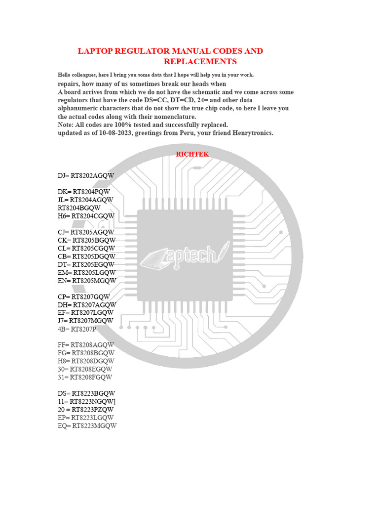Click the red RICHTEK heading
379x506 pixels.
click(192, 154)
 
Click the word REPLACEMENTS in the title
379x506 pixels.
click(200, 61)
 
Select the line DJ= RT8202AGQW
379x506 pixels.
click(86, 175)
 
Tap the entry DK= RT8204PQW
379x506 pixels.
click(84, 192)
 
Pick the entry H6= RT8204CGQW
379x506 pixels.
click(86, 216)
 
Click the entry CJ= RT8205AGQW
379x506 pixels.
click(86, 232)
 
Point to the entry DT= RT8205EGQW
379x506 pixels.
click(86, 264)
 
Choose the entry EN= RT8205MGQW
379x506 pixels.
click(87, 281)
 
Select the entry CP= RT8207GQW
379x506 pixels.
click(84, 297)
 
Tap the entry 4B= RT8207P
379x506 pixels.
click(77, 329)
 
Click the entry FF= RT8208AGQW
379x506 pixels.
click(86, 345)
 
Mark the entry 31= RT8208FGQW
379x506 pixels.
click(85, 377)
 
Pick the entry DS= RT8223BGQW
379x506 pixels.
click(86, 393)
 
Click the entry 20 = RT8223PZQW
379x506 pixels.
click(86, 410)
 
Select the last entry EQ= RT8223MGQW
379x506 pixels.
click(87, 426)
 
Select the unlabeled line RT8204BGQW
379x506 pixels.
click(79, 208)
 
